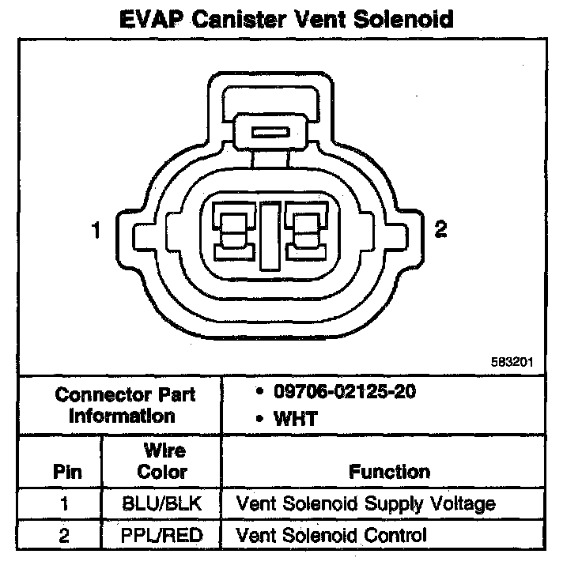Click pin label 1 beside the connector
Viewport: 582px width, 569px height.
coord(96,232)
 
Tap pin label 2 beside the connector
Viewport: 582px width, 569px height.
coord(441,230)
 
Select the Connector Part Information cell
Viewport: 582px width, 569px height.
coord(125,405)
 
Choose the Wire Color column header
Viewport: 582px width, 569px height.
coord(162,462)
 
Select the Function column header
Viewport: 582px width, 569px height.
coord(390,472)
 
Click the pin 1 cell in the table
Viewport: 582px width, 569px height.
coord(65,503)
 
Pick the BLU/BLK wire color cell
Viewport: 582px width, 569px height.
coord(162,503)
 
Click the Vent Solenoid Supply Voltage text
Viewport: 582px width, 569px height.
coord(366,503)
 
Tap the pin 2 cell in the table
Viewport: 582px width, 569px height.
coord(65,535)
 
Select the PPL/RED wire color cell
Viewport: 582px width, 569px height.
coord(162,535)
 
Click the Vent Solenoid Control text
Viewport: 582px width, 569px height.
coord(331,535)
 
